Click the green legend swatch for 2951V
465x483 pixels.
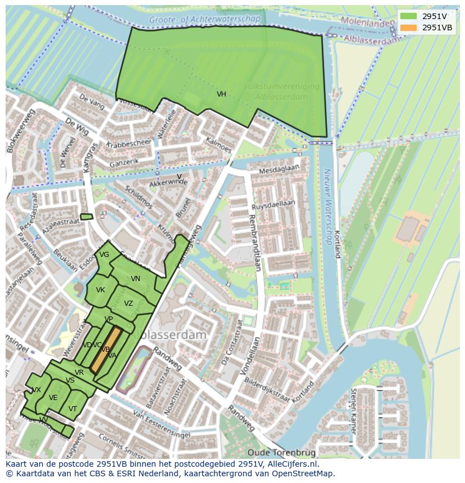[x=408, y=16]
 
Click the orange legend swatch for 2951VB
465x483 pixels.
[x=408, y=27]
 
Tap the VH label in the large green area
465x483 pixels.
[x=221, y=94]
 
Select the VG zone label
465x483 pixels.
[x=104, y=255]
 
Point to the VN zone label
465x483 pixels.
[x=135, y=279]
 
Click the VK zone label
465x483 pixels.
[x=101, y=290]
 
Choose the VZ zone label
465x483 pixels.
[x=129, y=303]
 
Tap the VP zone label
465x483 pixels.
[x=109, y=319]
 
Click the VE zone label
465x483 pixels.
[x=53, y=398]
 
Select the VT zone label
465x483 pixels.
[x=72, y=409]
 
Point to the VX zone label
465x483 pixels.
[x=37, y=390]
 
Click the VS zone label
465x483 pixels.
[x=70, y=380]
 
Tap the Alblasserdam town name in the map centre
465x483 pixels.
[x=171, y=335]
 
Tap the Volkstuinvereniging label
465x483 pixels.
[x=281, y=86]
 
